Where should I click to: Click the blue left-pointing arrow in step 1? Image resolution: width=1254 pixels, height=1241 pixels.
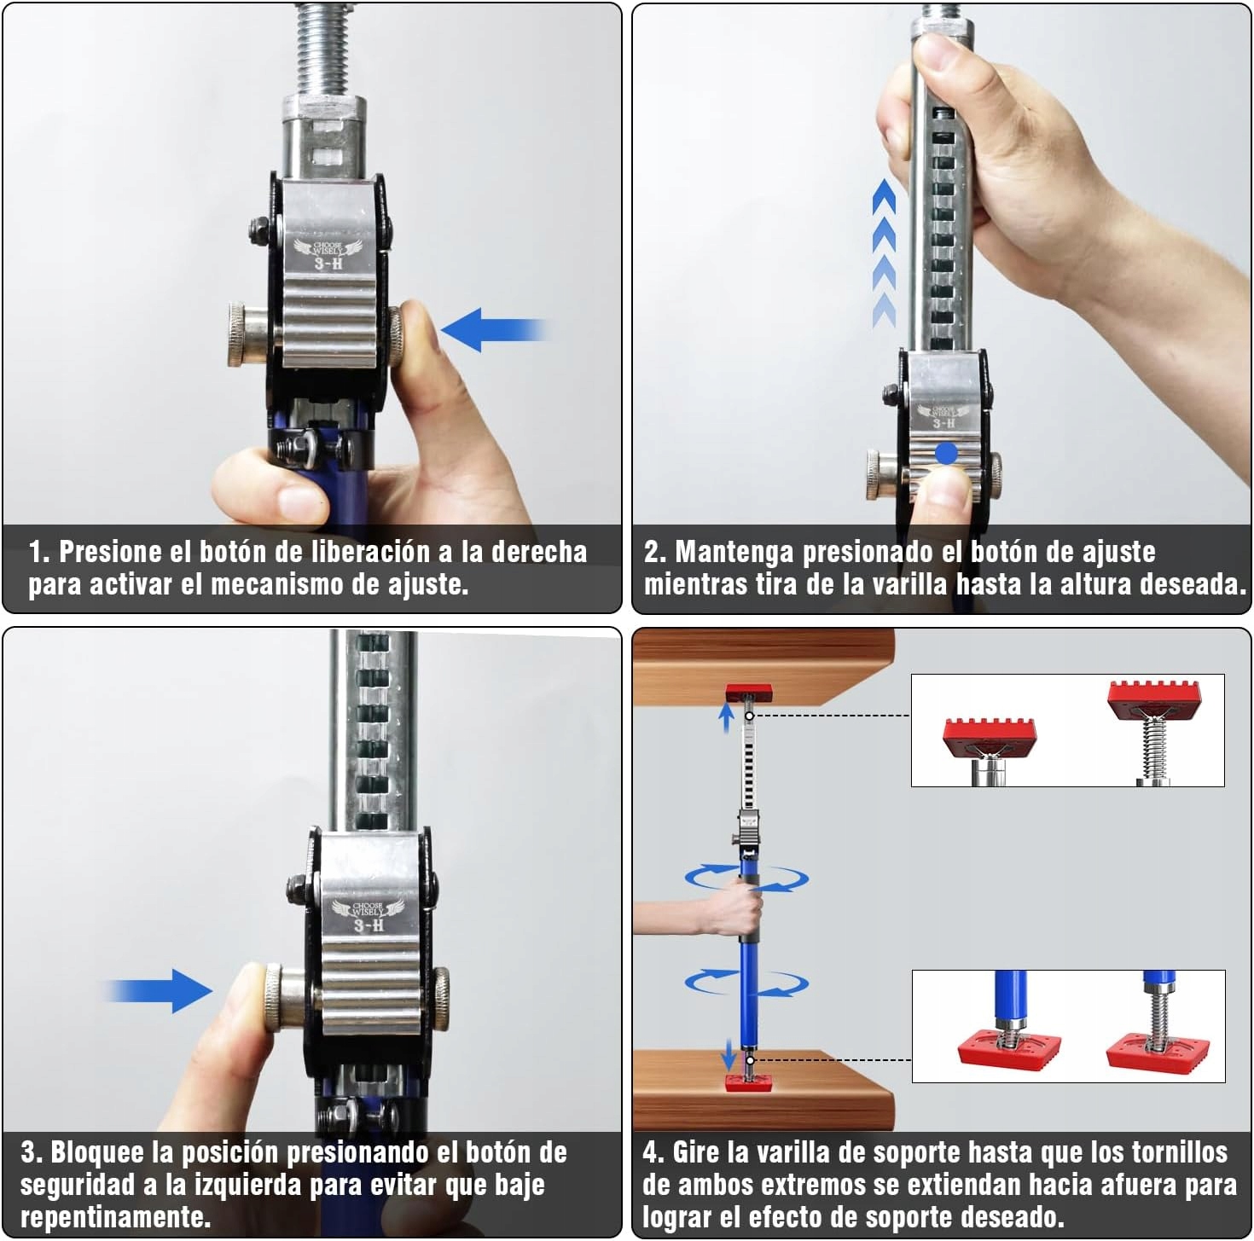tap(493, 330)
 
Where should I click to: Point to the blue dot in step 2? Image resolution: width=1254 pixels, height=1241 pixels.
tap(945, 453)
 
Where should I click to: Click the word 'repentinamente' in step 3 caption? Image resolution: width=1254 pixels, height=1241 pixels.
tap(114, 1217)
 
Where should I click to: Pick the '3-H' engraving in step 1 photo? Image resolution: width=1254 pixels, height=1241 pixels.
tap(328, 263)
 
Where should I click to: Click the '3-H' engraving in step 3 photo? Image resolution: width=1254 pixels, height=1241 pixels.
tap(369, 925)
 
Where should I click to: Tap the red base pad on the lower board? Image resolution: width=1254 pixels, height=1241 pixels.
tap(748, 1082)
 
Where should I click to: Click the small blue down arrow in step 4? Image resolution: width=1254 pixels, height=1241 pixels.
tap(729, 1053)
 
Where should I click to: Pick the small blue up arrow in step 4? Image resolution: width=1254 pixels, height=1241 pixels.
tap(726, 718)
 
